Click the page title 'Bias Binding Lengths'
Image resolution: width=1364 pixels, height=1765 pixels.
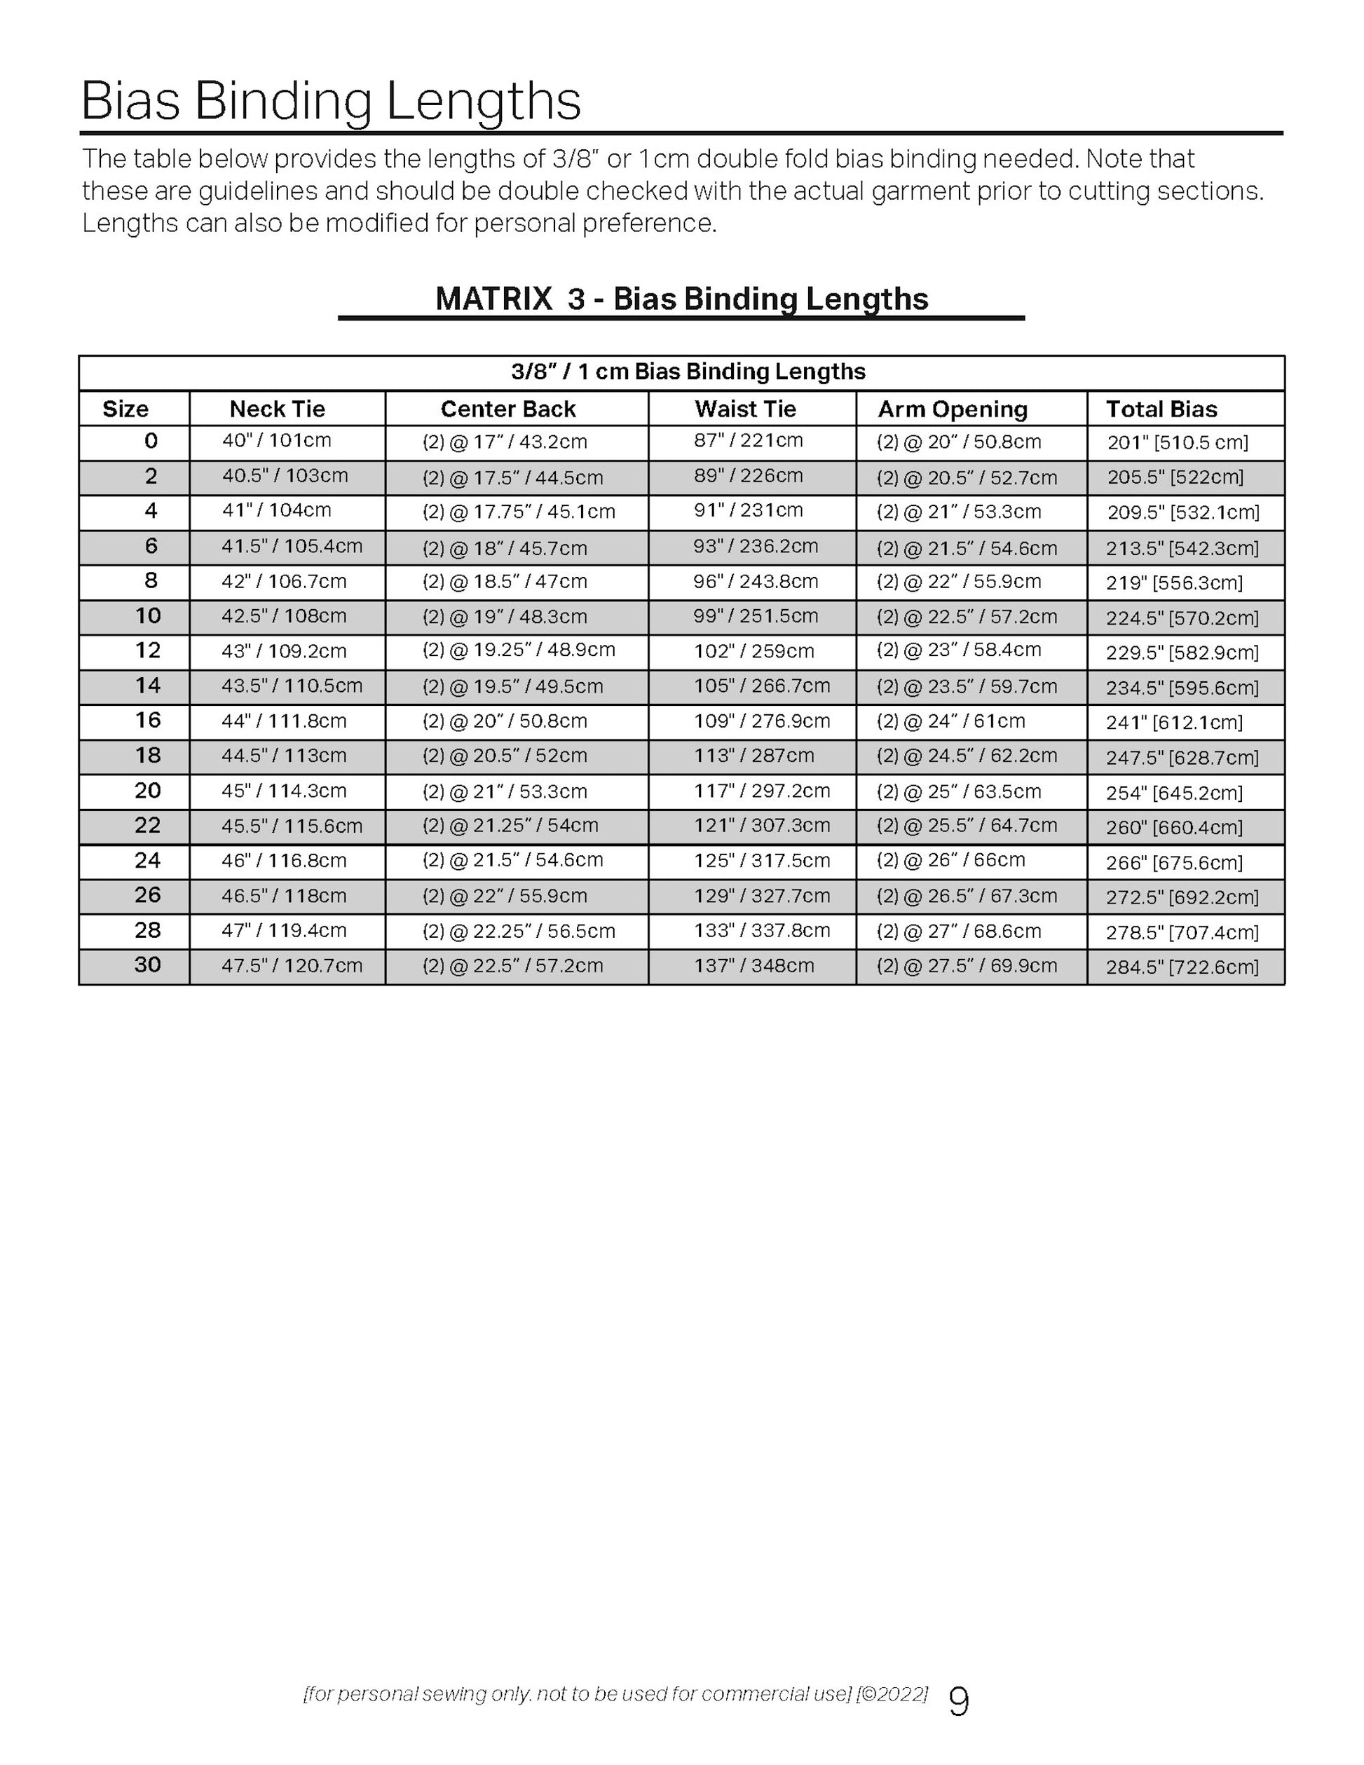(x=331, y=101)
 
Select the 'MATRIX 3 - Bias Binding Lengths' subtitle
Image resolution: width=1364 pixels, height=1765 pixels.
(x=681, y=299)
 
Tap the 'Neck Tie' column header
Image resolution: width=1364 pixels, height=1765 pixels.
(x=277, y=409)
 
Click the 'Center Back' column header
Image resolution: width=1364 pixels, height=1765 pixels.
(x=508, y=409)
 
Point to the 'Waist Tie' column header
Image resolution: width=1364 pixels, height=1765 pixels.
(x=745, y=409)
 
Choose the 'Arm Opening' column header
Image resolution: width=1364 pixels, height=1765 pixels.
(x=953, y=409)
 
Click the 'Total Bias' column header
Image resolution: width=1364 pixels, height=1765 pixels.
(x=1161, y=409)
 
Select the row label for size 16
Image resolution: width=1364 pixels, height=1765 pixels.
(x=148, y=720)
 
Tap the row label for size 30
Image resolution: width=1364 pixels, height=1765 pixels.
(x=148, y=965)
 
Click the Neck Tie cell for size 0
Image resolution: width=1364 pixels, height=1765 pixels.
(x=277, y=440)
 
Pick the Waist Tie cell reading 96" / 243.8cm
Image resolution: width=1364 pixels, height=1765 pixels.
(x=756, y=581)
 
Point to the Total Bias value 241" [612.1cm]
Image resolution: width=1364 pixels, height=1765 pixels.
(x=1174, y=723)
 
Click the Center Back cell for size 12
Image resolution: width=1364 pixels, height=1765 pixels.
(x=519, y=650)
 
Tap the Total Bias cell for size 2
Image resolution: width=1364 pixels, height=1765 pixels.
(x=1175, y=477)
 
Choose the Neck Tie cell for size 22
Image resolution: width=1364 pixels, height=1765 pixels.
(x=292, y=826)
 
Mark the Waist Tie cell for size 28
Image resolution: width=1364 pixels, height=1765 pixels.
(x=762, y=931)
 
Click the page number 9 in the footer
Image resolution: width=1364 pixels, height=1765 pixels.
(x=958, y=1702)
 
